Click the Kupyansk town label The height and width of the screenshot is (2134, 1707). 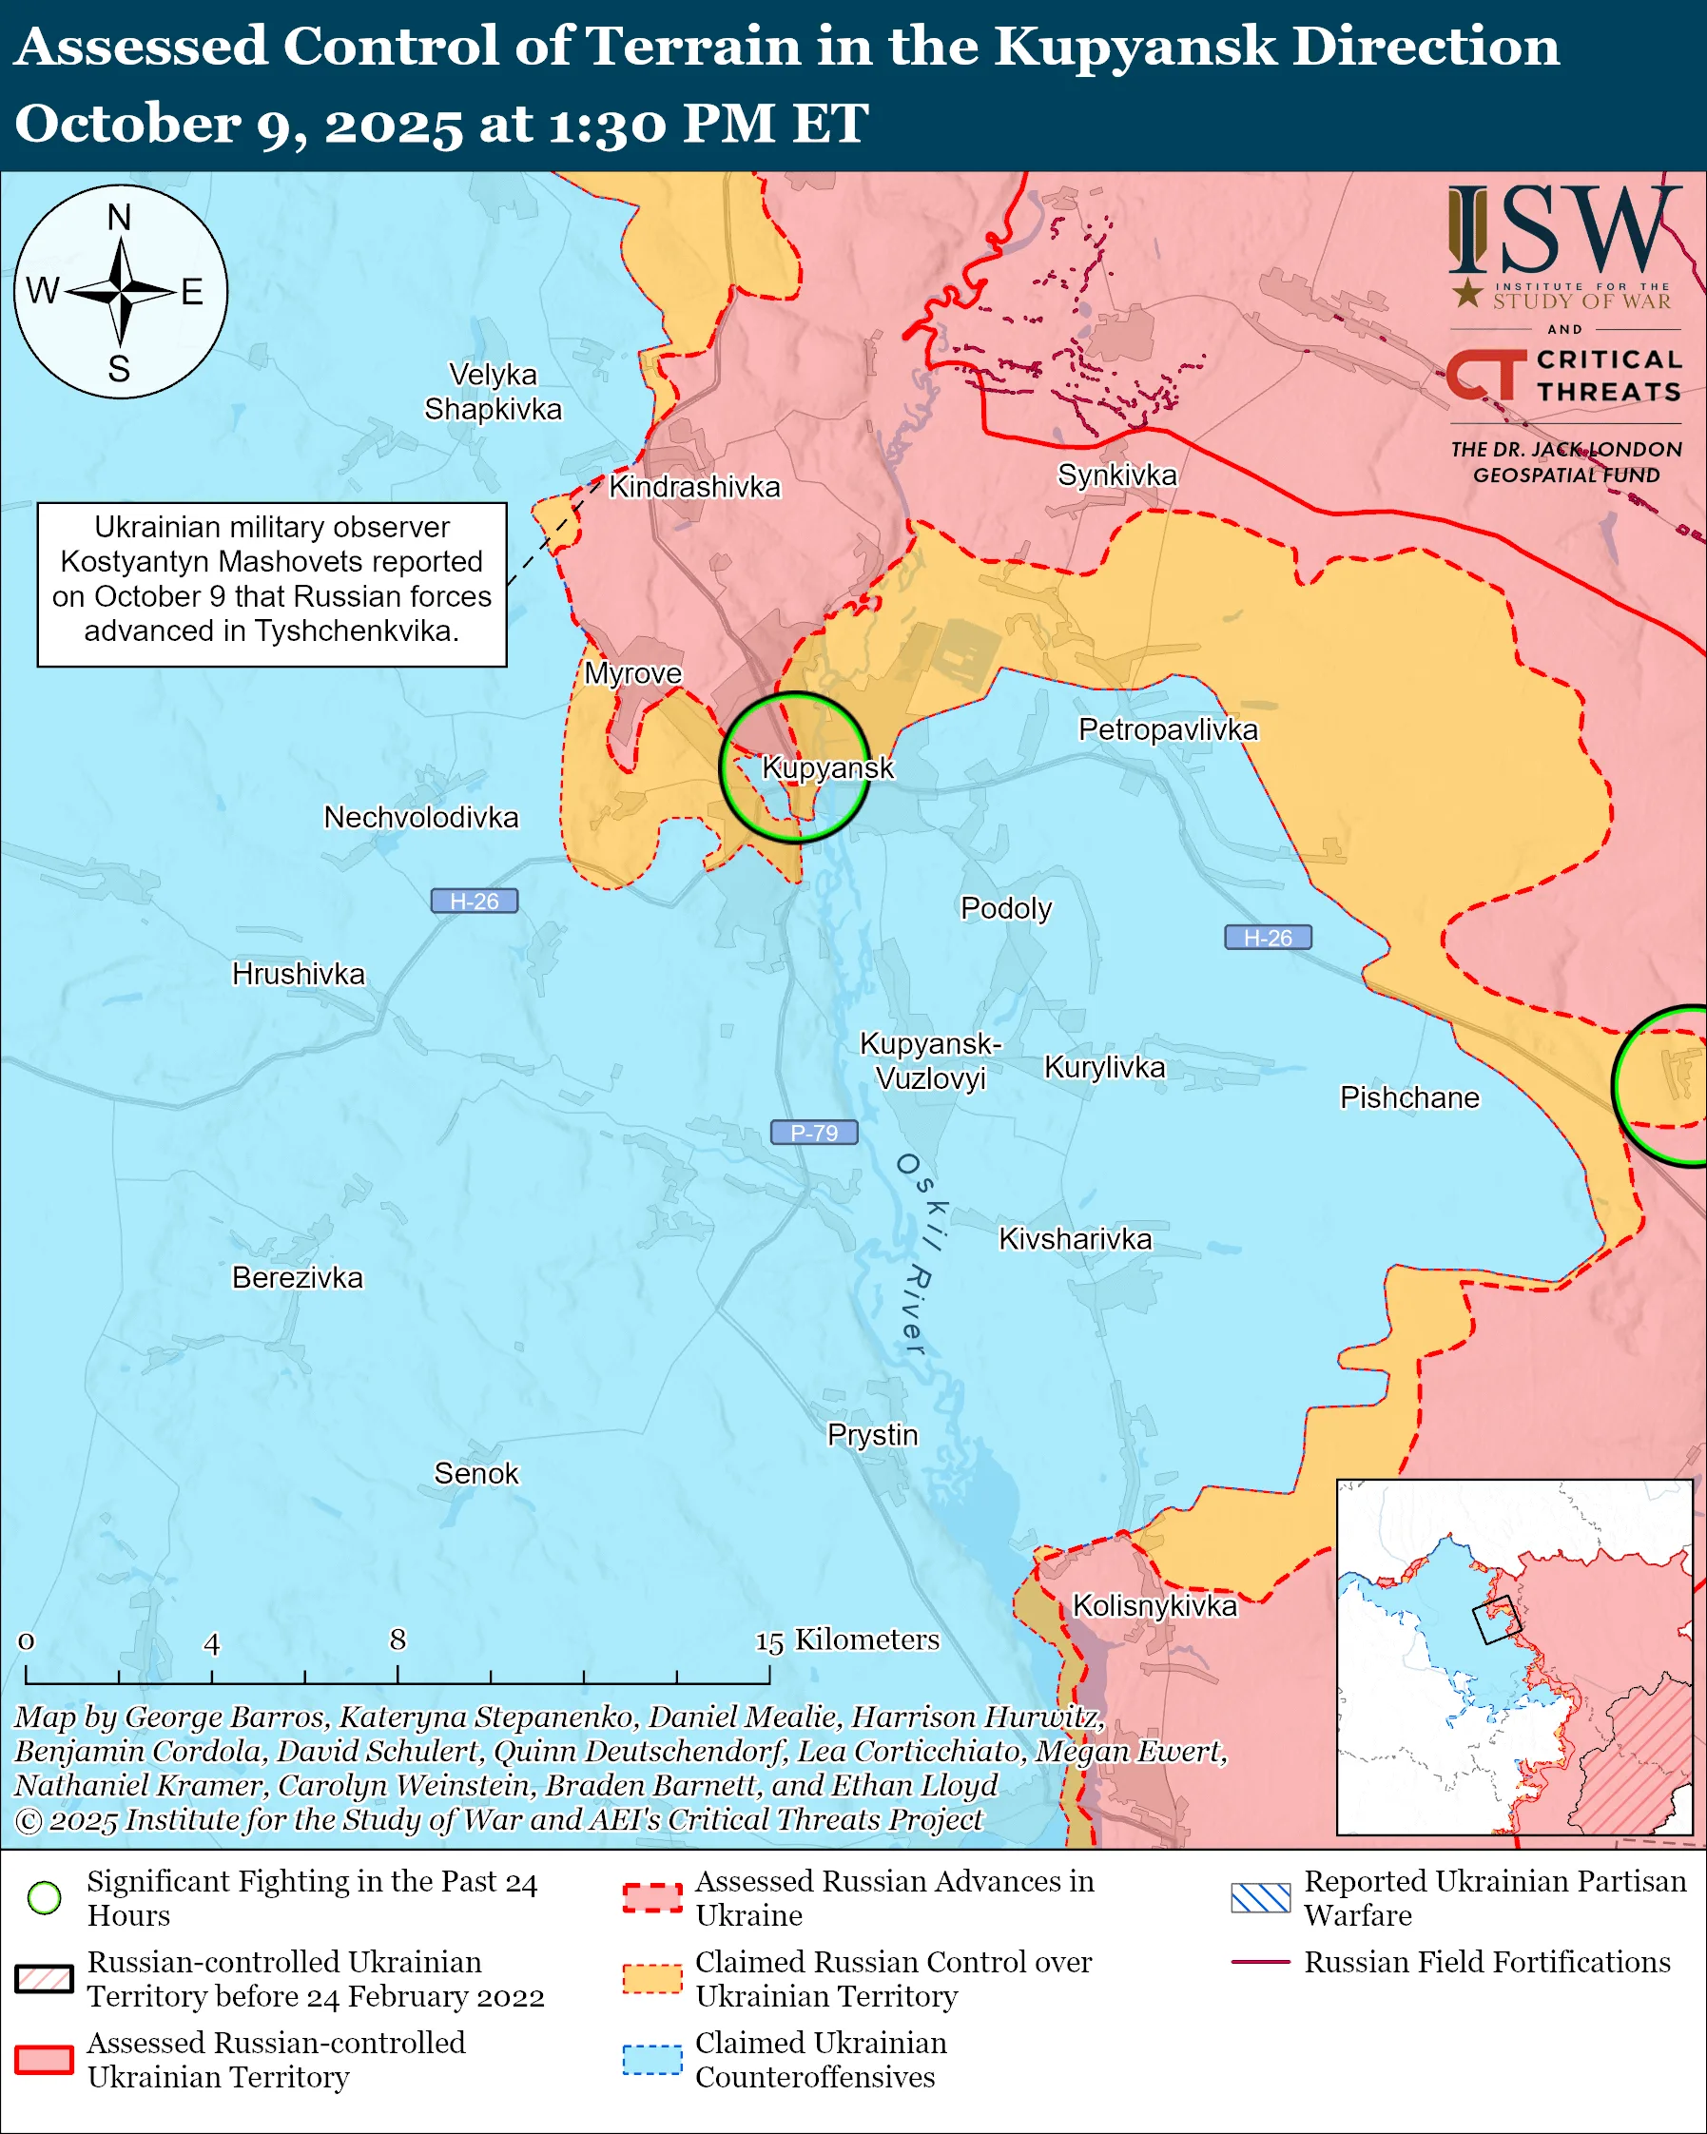click(827, 768)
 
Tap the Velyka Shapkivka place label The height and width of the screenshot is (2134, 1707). click(493, 392)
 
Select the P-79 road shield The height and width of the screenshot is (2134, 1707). click(813, 1133)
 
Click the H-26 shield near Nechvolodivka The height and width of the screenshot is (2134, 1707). click(474, 901)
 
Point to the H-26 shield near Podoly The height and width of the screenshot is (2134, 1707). click(1268, 938)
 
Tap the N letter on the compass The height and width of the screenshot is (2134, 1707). click(119, 217)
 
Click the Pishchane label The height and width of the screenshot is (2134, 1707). click(1409, 1097)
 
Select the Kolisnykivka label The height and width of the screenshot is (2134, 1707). click(1154, 1605)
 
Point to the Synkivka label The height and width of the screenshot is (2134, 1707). click(1117, 475)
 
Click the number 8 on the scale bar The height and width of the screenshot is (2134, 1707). click(397, 1640)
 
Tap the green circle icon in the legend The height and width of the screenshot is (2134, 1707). click(45, 1897)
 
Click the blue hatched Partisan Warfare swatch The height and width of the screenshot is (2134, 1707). click(1261, 1897)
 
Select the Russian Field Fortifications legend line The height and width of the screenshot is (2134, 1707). click(1261, 1962)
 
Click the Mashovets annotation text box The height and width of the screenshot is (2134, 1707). click(272, 584)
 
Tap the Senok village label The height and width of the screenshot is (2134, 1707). click(476, 1474)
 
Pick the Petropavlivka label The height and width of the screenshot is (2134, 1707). click(1168, 729)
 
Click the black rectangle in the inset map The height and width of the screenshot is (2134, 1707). click(1496, 1620)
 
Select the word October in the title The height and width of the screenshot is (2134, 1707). click(126, 126)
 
